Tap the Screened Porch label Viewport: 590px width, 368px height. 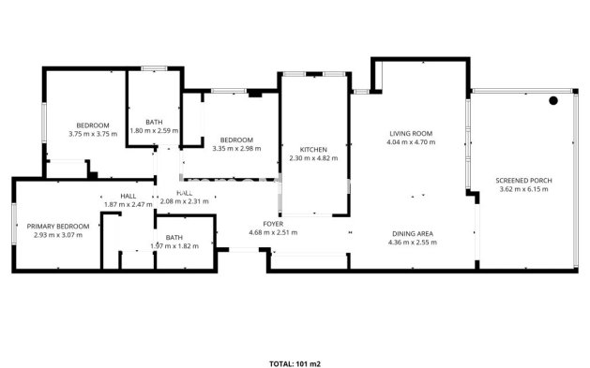(523, 179)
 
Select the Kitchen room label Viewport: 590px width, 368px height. (312, 150)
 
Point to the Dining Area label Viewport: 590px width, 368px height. (412, 232)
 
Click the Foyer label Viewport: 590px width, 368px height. (272, 224)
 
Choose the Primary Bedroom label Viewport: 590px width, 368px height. (58, 226)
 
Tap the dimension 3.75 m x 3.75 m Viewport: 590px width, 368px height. (93, 134)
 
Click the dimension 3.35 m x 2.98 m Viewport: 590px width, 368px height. (236, 148)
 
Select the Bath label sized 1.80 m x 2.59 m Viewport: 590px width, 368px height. (154, 122)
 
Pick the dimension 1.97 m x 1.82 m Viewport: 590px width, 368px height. (174, 246)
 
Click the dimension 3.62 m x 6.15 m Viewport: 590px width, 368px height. (523, 188)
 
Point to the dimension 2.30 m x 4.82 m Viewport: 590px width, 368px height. (312, 158)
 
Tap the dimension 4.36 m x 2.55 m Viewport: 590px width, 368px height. (412, 242)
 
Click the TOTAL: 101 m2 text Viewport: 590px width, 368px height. (295, 363)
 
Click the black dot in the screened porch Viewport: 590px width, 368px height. (553, 100)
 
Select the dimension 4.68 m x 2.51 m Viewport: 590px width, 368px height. (272, 232)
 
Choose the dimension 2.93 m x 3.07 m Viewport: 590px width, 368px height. (58, 234)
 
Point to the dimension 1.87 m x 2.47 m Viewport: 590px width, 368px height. (128, 204)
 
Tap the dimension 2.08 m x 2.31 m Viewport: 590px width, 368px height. (184, 200)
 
